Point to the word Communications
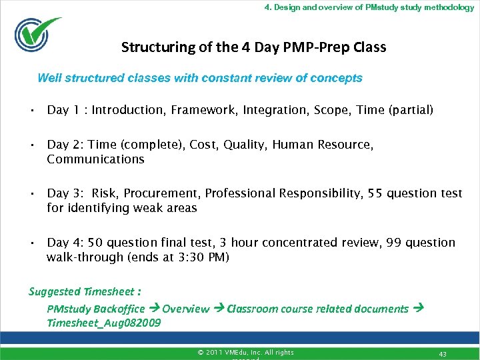[95, 159]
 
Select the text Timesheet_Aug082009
[103, 323]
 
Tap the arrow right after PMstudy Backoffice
[153, 309]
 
